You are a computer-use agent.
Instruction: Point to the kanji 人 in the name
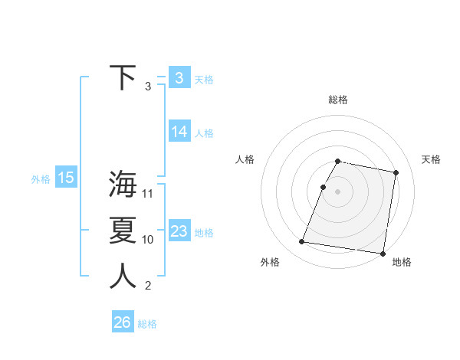point(123,276)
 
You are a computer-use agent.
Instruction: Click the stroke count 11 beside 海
point(148,193)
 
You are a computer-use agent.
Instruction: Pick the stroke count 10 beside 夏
point(148,239)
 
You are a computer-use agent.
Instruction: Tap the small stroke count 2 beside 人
point(148,286)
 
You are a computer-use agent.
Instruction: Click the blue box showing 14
point(179,132)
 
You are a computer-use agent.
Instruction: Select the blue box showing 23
point(179,231)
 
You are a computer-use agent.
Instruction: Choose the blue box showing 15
point(65,178)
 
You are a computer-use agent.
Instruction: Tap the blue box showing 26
point(122,322)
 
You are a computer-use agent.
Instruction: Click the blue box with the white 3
point(179,77)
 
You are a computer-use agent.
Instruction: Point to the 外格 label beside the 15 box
point(41,179)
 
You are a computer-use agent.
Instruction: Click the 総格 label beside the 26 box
point(147,324)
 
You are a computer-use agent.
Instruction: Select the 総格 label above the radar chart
point(338,100)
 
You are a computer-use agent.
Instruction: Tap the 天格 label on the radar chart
point(431,159)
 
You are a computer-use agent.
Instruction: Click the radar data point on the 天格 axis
point(396,173)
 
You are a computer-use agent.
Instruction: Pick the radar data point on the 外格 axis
point(302,242)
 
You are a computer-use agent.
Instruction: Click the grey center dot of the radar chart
point(338,191)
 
